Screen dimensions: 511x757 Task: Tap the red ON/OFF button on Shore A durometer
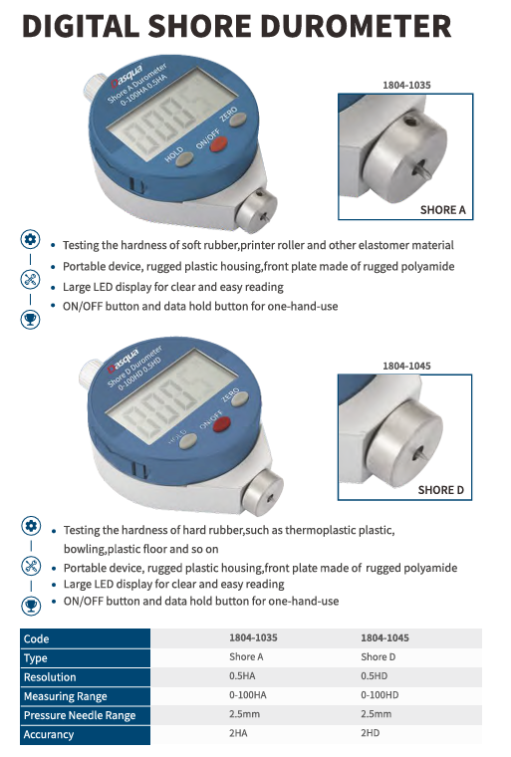[218, 143]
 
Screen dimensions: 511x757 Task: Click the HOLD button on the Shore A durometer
[184, 159]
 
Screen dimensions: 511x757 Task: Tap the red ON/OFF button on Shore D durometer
[221, 425]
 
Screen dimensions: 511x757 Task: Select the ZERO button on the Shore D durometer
[239, 398]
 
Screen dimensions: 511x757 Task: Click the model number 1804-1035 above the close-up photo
[406, 85]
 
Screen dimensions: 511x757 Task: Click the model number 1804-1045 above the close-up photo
[406, 366]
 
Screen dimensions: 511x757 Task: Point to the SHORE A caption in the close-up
[442, 210]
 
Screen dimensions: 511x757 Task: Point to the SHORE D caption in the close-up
[440, 490]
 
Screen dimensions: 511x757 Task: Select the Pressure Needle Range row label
[80, 715]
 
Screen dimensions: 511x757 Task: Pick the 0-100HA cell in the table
[248, 695]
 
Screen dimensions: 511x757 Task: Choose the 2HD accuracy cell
[371, 733]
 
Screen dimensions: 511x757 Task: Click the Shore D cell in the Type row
[379, 657]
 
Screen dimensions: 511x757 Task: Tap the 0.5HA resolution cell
[242, 676]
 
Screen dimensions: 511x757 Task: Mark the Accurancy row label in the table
[49, 734]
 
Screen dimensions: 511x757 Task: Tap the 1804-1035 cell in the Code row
[254, 637]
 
